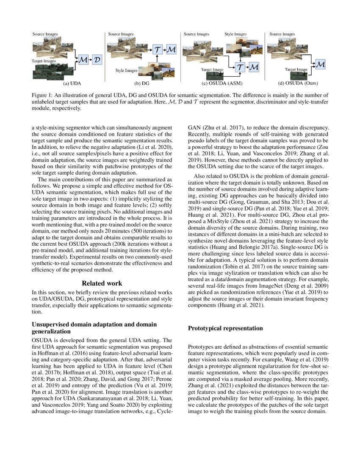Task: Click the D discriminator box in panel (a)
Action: [x=97, y=61]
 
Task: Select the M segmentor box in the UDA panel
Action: [x=83, y=61]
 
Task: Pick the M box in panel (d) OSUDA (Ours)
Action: [x=321, y=64]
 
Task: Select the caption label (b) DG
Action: [x=142, y=83]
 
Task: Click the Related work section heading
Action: [x=102, y=283]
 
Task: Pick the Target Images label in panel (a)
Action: [x=44, y=61]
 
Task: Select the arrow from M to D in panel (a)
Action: [x=90, y=61]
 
